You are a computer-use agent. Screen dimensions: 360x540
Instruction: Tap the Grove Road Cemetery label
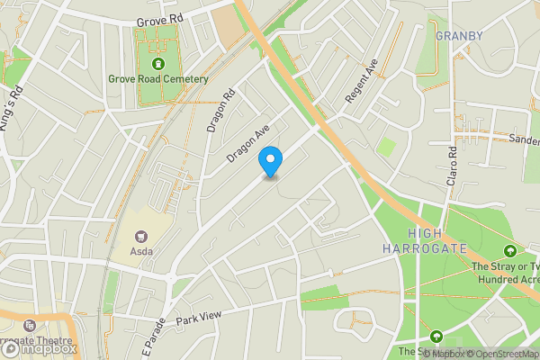click(158, 79)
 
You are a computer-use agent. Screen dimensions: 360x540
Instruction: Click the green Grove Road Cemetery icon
click(158, 64)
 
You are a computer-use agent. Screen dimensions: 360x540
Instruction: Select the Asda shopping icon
click(141, 235)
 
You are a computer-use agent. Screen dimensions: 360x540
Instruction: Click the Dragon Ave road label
click(248, 144)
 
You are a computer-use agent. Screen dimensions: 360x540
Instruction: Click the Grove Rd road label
click(160, 19)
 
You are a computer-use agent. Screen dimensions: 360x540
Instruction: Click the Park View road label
click(198, 319)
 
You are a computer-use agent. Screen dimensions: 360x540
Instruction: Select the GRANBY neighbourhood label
click(459, 36)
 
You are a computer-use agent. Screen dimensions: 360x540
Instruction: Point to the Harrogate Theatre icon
click(30, 325)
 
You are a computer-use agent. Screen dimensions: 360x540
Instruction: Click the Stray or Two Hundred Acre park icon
click(511, 250)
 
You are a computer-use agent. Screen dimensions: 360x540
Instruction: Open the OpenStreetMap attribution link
click(501, 353)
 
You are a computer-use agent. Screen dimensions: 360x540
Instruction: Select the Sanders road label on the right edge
click(523, 139)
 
